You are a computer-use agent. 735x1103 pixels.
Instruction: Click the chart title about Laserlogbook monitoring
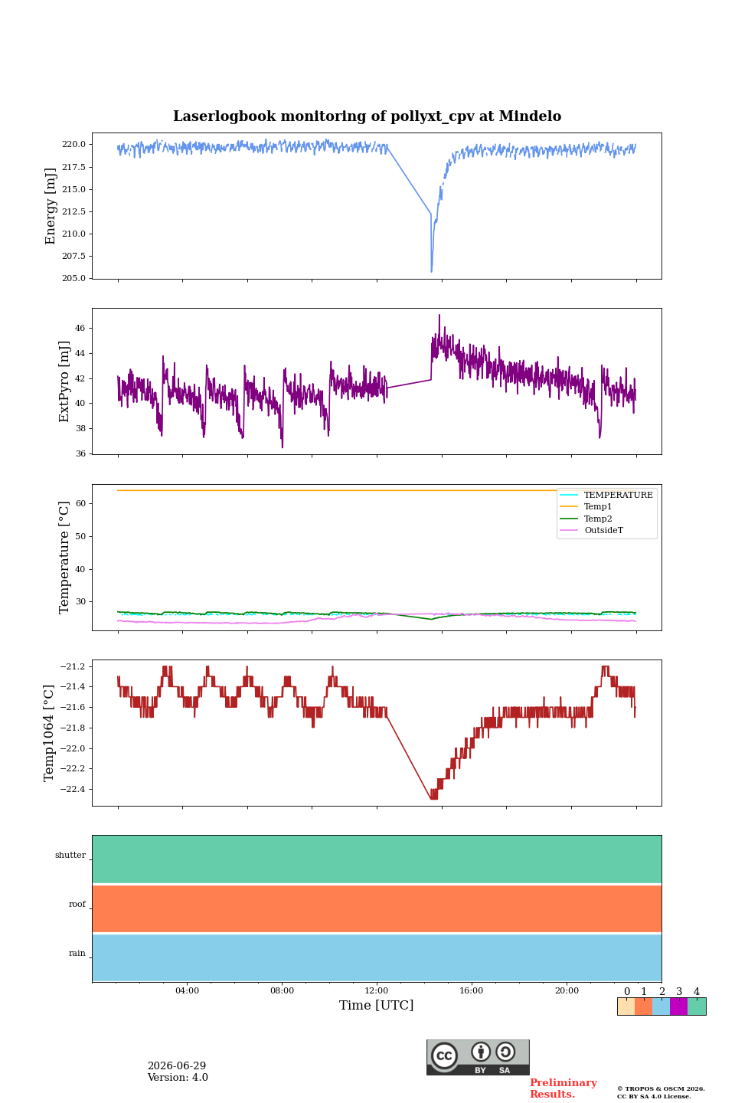(x=367, y=116)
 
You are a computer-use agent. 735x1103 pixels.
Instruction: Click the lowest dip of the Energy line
(x=432, y=271)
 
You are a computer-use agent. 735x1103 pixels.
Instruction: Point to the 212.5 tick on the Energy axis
(x=73, y=211)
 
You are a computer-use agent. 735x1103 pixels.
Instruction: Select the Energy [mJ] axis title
(x=50, y=206)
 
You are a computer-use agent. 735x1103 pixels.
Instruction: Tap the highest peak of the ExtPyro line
(x=439, y=315)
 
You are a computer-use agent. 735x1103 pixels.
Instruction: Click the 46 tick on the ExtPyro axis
(x=80, y=328)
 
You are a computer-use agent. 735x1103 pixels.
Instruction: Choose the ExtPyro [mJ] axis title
(x=64, y=381)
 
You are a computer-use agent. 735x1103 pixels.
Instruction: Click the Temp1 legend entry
(x=598, y=507)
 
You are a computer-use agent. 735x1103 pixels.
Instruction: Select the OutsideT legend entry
(x=603, y=530)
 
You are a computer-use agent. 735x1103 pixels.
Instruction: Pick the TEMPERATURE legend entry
(x=618, y=495)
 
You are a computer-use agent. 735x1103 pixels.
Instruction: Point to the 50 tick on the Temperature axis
(x=80, y=536)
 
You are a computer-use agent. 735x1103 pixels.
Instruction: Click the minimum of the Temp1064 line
(x=433, y=798)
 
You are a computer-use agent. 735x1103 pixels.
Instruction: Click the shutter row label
(x=70, y=855)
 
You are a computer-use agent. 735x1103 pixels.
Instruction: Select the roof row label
(x=77, y=904)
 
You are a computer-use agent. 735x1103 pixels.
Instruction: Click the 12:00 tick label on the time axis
(x=377, y=990)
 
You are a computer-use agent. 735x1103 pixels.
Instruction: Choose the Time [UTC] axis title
(x=377, y=1005)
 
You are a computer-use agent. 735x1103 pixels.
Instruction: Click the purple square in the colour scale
(x=678, y=1006)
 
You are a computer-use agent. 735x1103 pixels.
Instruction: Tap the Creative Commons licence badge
(x=478, y=1057)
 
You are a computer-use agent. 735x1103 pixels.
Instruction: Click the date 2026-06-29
(x=177, y=1066)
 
